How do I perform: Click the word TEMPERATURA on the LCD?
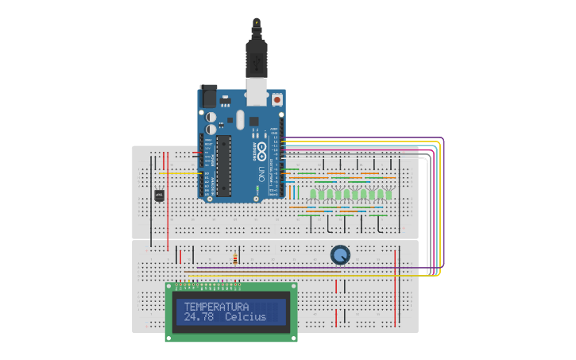pyautogui.click(x=216, y=307)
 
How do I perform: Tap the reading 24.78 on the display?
pyautogui.click(x=199, y=318)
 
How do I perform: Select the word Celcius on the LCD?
pyautogui.click(x=245, y=318)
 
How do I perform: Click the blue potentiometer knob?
pyautogui.click(x=340, y=254)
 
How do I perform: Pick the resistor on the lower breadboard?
pyautogui.click(x=236, y=258)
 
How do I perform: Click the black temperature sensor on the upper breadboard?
pyautogui.click(x=158, y=195)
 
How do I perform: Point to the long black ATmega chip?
pyautogui.click(x=225, y=165)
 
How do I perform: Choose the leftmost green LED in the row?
pyautogui.click(x=314, y=194)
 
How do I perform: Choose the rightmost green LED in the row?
pyautogui.click(x=389, y=194)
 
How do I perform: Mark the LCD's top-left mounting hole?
pyautogui.click(x=169, y=287)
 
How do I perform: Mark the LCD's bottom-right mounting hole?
pyautogui.click(x=294, y=337)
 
